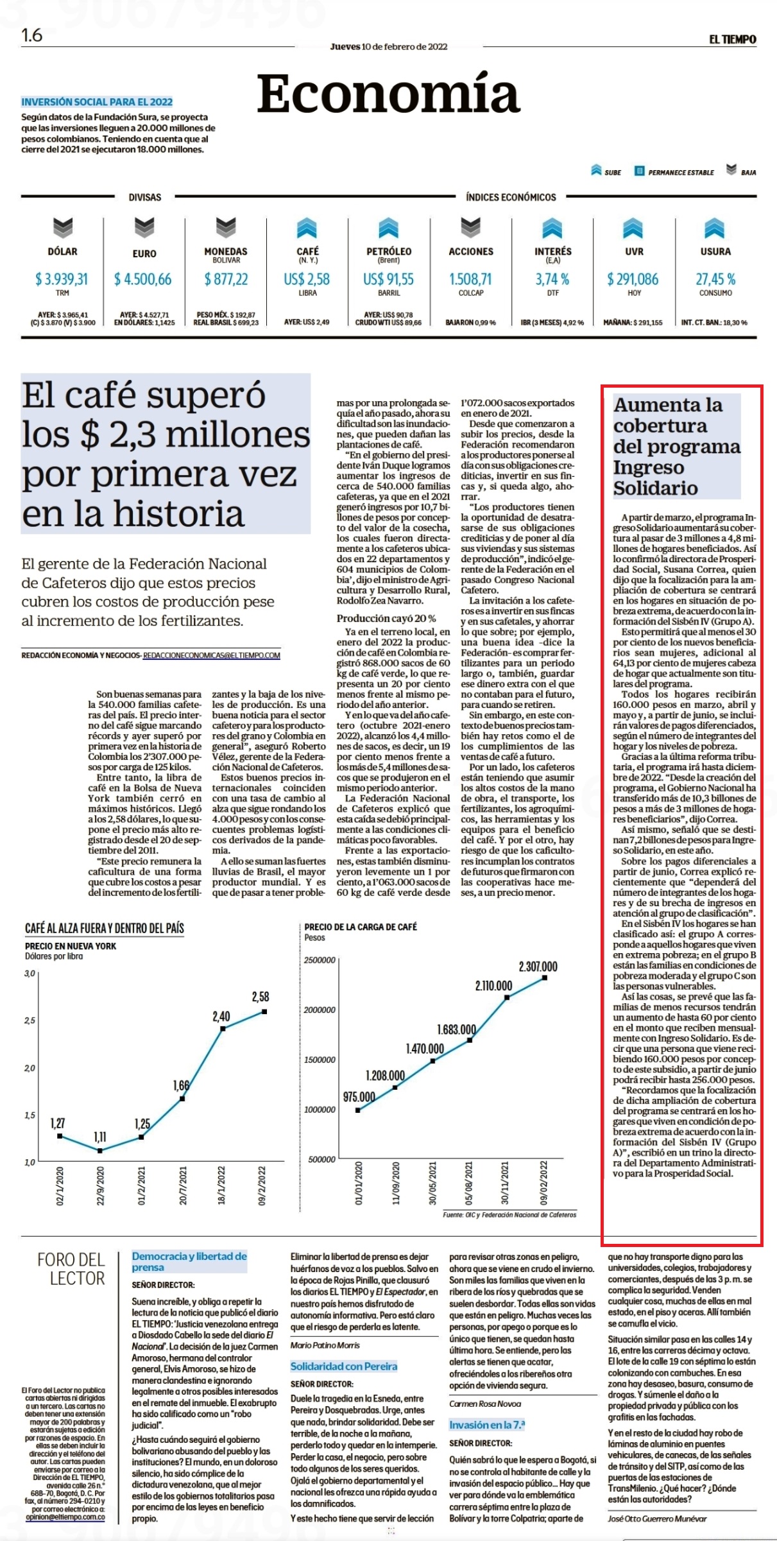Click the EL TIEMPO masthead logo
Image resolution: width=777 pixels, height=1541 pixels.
pyautogui.click(x=732, y=40)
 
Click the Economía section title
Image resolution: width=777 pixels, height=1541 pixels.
pyautogui.click(x=388, y=94)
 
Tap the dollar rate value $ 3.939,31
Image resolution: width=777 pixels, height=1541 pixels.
pyautogui.click(x=62, y=279)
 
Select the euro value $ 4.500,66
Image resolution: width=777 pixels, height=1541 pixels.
pyautogui.click(x=143, y=279)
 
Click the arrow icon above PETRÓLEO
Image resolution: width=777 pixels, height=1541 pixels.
pyautogui.click(x=389, y=228)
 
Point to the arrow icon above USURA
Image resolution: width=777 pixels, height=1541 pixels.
pyautogui.click(x=715, y=228)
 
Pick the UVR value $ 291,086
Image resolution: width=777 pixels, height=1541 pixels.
pyautogui.click(x=633, y=279)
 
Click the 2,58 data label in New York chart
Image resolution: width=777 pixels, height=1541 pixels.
pyautogui.click(x=260, y=997)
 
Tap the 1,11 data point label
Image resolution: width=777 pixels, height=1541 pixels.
pyautogui.click(x=100, y=1137)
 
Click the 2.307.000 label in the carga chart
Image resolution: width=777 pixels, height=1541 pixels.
pyautogui.click(x=538, y=967)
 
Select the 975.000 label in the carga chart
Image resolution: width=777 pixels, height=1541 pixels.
pyautogui.click(x=359, y=1097)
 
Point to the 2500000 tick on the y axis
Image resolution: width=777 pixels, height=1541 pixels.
pyautogui.click(x=320, y=960)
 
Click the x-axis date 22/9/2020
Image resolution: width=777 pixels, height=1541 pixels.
pyautogui.click(x=101, y=1186)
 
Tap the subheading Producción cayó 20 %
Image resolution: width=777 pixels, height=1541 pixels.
pyautogui.click(x=386, y=618)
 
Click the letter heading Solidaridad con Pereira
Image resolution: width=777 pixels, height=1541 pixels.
pyautogui.click(x=344, y=1366)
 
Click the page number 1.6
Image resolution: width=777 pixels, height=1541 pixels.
pyautogui.click(x=32, y=35)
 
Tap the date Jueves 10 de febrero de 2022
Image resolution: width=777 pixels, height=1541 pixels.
pyautogui.click(x=389, y=46)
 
